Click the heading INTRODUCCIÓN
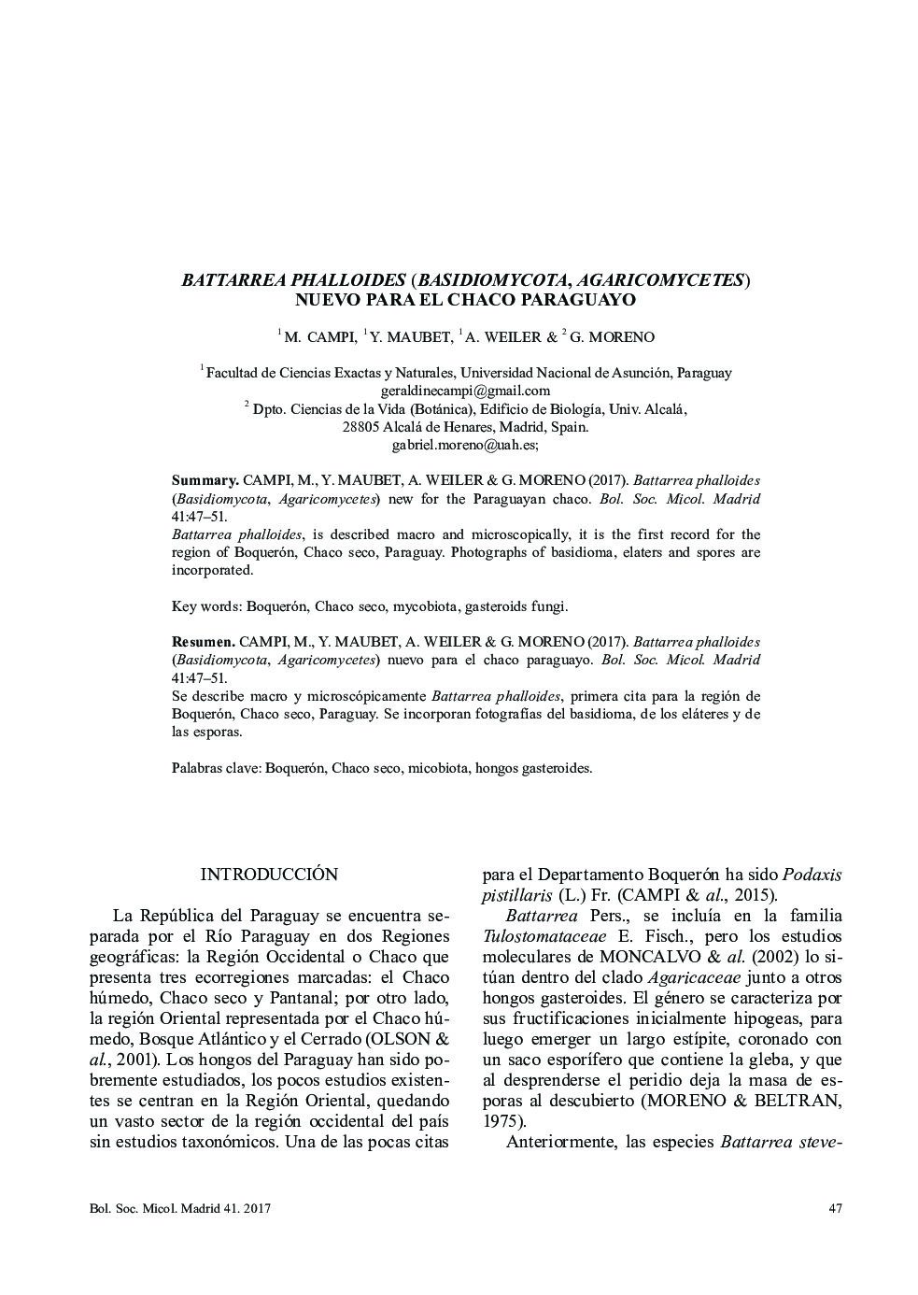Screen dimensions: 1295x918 (269, 875)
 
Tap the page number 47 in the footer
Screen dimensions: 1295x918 (835, 1209)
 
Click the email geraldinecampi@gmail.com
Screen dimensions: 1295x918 (465, 391)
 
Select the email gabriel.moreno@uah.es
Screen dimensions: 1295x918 (464, 445)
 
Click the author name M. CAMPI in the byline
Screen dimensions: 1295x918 (319, 337)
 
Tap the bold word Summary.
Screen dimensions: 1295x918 (205, 480)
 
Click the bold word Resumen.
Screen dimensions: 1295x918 (203, 642)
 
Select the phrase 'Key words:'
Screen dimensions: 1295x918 (206, 606)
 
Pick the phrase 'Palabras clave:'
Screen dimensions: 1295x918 (217, 768)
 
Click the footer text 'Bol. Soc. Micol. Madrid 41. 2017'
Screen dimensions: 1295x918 (180, 1209)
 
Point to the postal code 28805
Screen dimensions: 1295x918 (361, 427)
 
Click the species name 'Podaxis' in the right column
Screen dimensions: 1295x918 (812, 875)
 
